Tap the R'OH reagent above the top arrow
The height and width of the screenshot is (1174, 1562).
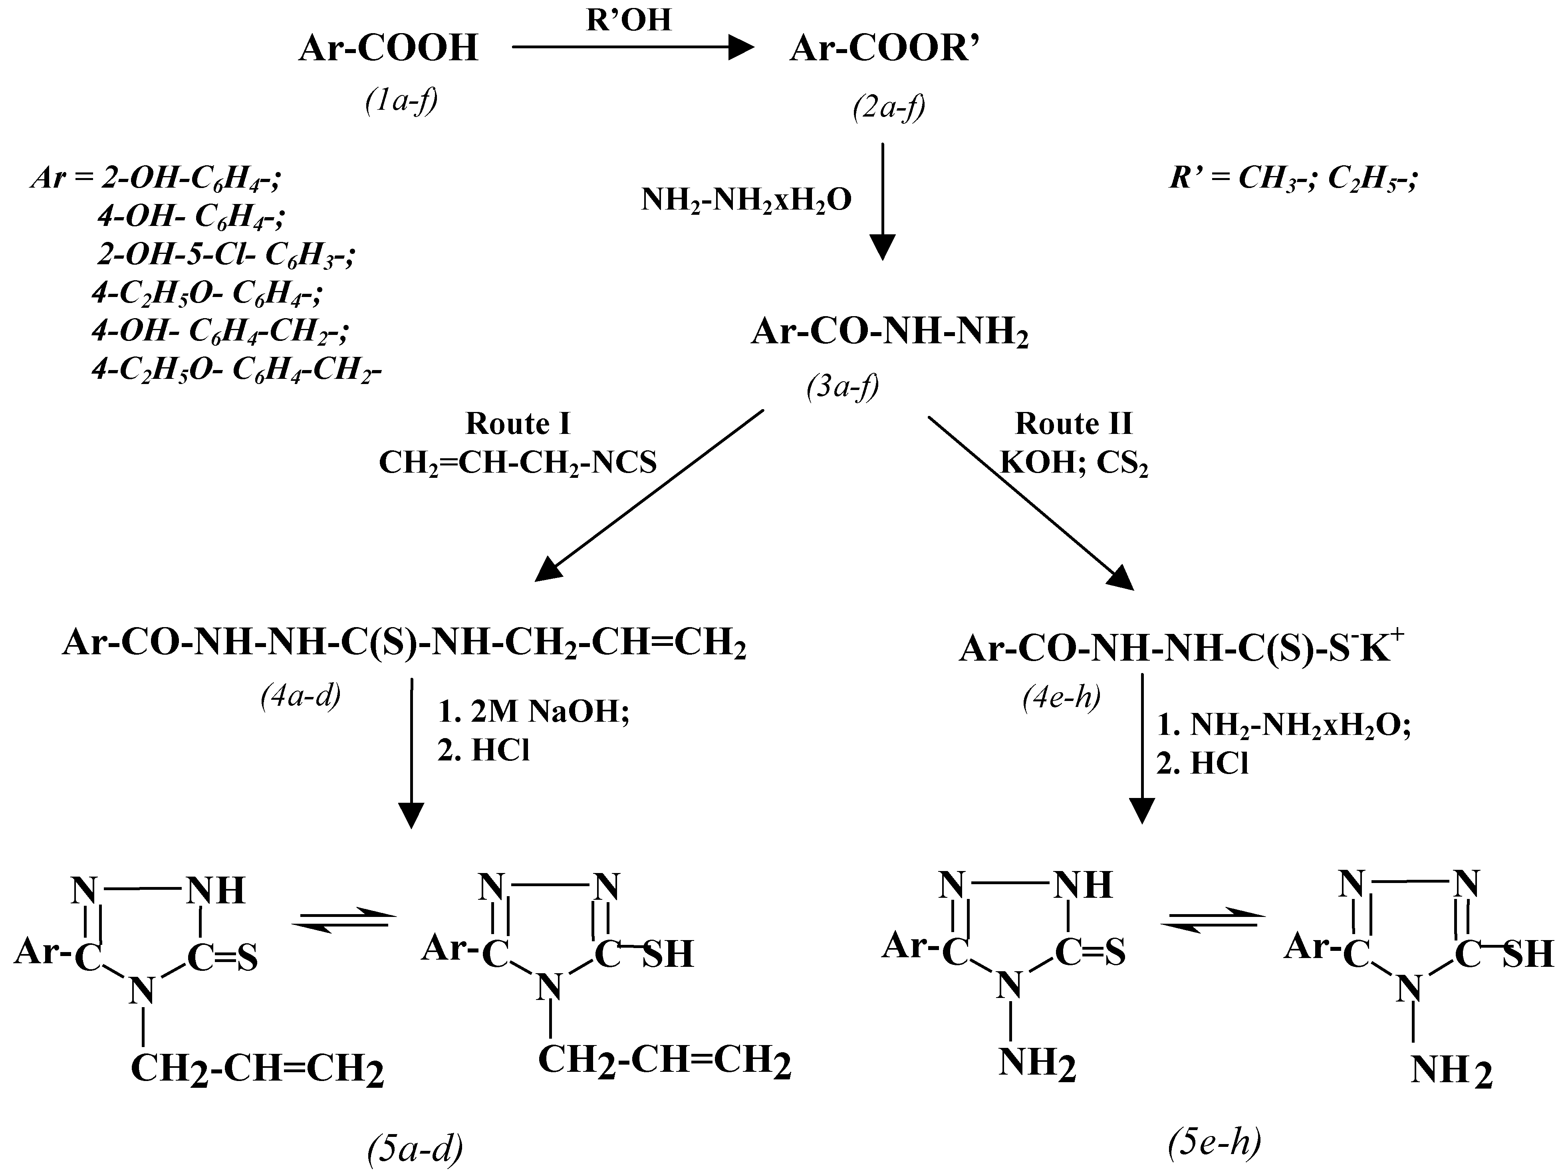629,20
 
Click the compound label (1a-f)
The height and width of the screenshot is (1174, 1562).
401,101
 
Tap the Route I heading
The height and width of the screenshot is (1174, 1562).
518,424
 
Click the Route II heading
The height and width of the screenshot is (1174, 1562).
1073,424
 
